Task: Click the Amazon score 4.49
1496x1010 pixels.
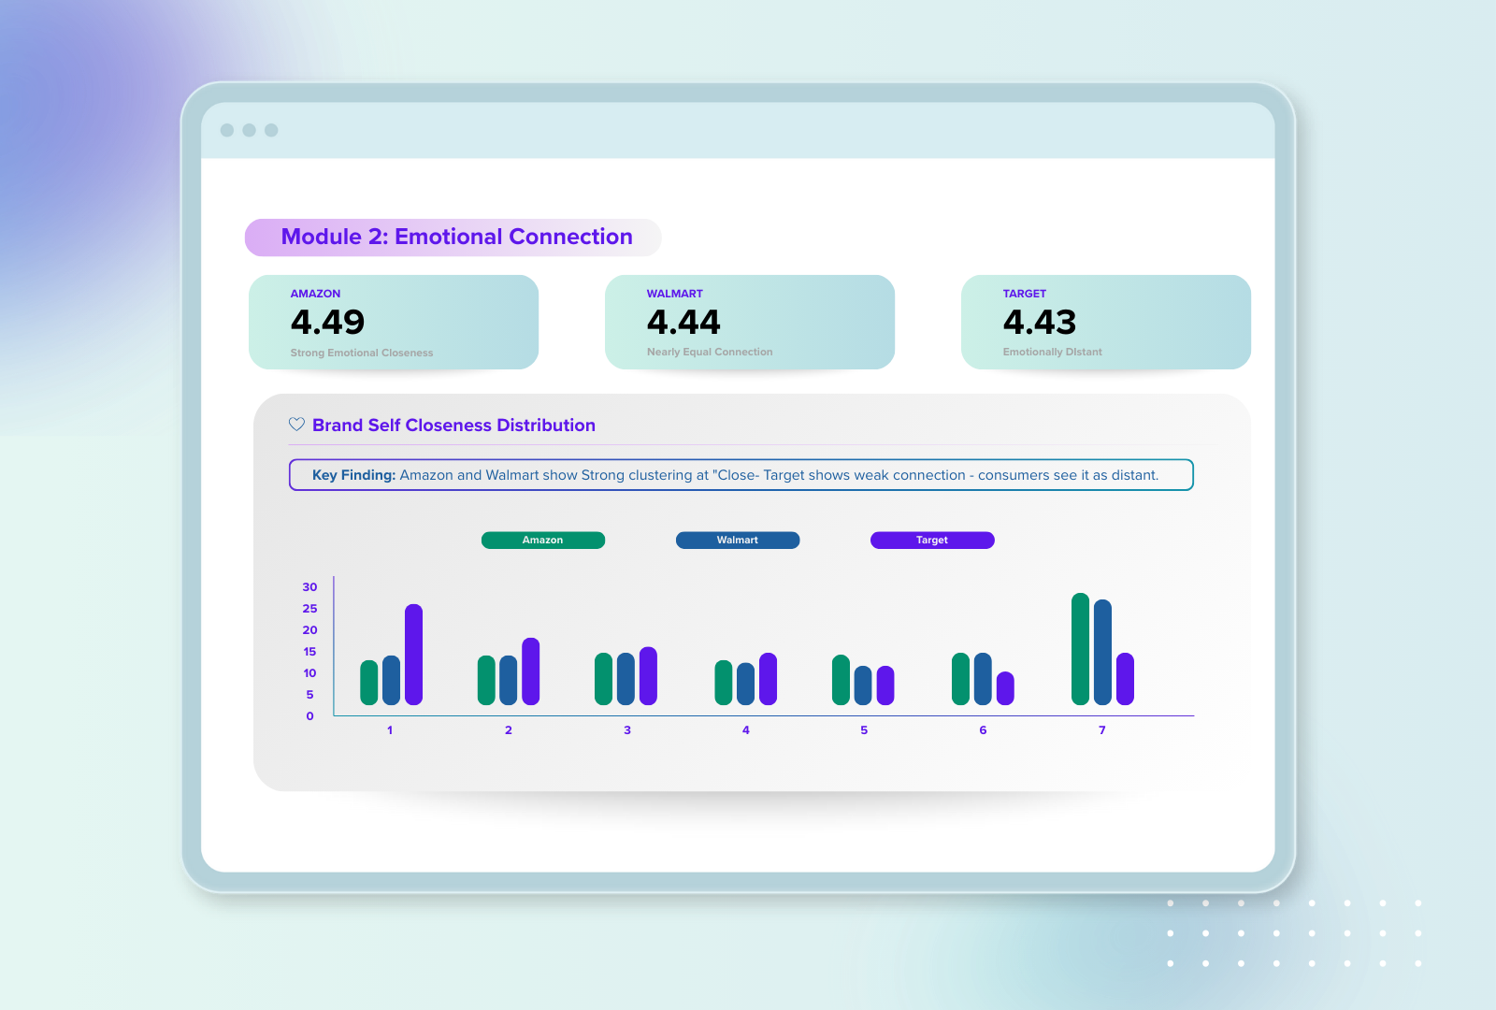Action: [327, 322]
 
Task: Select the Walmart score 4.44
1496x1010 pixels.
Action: [683, 322]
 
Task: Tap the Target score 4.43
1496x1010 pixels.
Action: [1040, 322]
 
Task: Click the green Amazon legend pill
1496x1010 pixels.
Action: [542, 541]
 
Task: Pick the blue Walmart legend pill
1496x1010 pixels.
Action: [738, 541]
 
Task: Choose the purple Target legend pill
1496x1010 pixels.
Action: [932, 541]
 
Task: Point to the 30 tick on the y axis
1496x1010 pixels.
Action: [309, 587]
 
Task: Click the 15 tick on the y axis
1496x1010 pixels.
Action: [309, 652]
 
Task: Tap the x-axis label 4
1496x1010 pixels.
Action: [746, 730]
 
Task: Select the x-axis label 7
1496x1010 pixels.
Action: [1102, 730]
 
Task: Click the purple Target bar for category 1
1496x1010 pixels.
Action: [413, 655]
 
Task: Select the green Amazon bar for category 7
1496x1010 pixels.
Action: [1080, 649]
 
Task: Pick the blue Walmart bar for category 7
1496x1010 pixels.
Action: [1102, 653]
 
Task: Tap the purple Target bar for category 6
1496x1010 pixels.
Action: [1005, 688]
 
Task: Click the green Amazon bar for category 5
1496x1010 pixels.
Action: [841, 680]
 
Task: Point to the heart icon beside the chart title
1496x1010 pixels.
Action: [296, 425]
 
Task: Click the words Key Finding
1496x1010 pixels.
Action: [353, 475]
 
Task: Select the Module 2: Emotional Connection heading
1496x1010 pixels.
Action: [456, 238]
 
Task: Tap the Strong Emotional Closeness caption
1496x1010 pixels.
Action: [362, 353]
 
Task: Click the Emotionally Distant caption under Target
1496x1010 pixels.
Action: [1052, 353]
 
